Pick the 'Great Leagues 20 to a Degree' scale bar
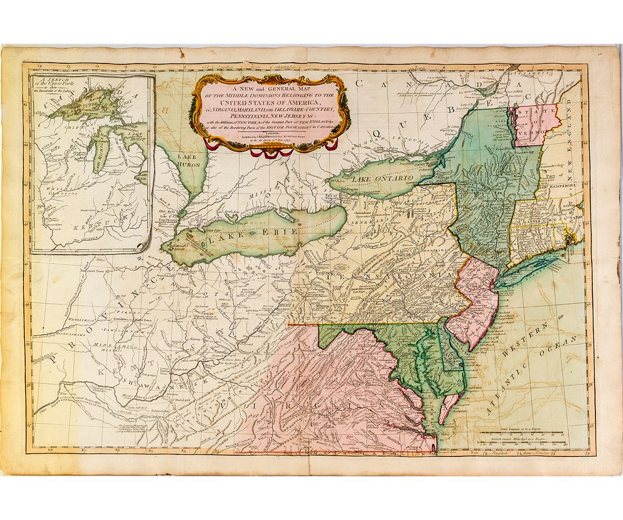tap(519, 433)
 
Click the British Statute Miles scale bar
tap(519, 444)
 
